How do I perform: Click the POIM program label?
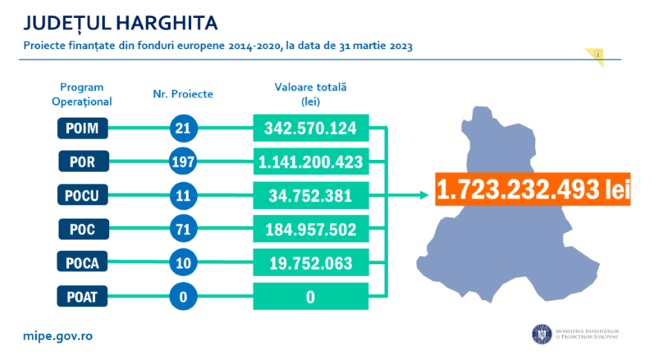tap(83, 128)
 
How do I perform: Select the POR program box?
tap(83, 161)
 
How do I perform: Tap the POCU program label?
tap(83, 195)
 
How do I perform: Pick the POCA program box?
tap(83, 262)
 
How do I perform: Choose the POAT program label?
tap(83, 296)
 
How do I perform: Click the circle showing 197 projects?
tap(182, 161)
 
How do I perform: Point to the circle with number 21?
tap(182, 128)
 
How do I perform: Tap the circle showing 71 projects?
tap(182, 228)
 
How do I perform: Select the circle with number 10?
tap(182, 262)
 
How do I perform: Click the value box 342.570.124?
tap(311, 128)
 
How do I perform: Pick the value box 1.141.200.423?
tap(311, 161)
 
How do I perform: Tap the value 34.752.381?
tap(311, 195)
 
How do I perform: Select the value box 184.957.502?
tap(311, 228)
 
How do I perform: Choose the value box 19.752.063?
tap(311, 262)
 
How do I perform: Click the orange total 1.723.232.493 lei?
tap(531, 189)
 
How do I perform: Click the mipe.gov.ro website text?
tap(57, 335)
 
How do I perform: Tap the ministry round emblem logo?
tap(540, 335)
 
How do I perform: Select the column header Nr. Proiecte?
tap(182, 94)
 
